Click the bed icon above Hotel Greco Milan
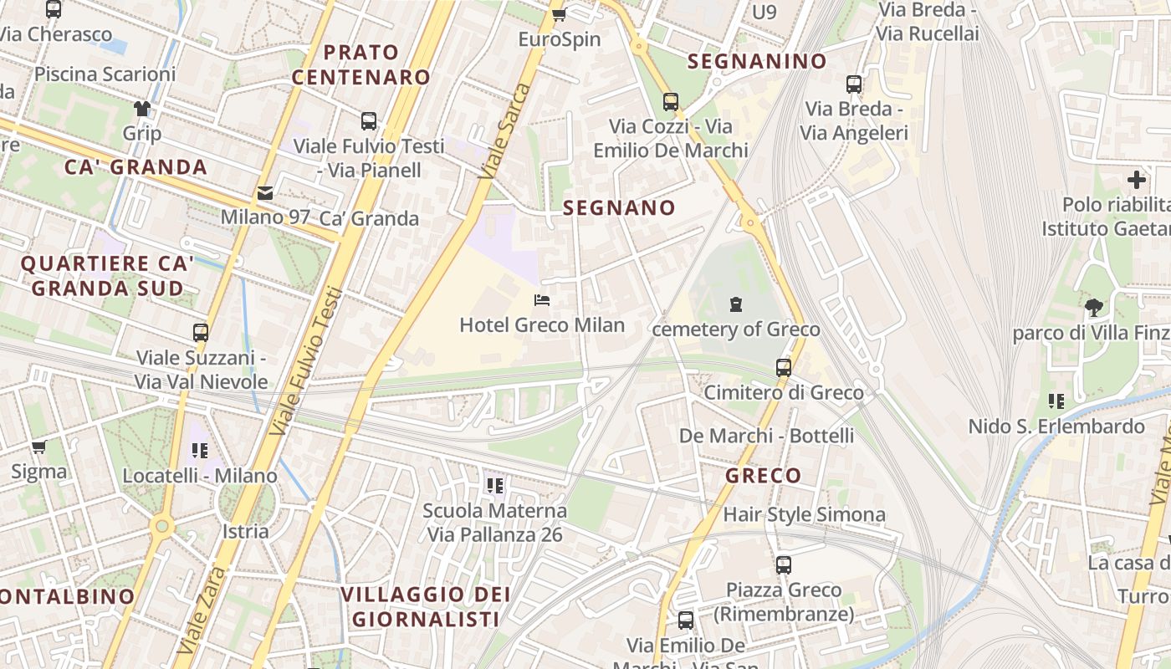point(542,300)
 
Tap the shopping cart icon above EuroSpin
point(559,13)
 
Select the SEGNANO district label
point(619,208)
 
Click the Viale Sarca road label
point(506,130)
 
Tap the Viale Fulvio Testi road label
point(307,361)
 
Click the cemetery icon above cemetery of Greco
point(735,304)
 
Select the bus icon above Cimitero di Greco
point(784,367)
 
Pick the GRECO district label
point(763,476)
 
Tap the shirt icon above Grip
point(142,109)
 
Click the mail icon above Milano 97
point(265,193)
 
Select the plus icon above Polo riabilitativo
point(1136,180)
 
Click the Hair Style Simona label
point(804,514)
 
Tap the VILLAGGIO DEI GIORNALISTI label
point(426,607)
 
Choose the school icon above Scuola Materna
point(494,485)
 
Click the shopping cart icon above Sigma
point(38,447)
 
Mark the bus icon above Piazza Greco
point(784,564)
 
